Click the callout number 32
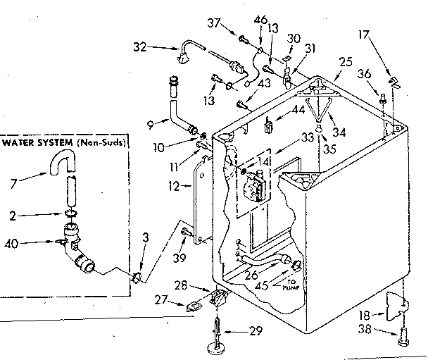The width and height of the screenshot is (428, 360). [x=141, y=47]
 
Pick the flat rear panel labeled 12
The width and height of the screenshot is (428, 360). [x=203, y=201]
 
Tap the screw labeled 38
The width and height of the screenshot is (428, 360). [x=402, y=337]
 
